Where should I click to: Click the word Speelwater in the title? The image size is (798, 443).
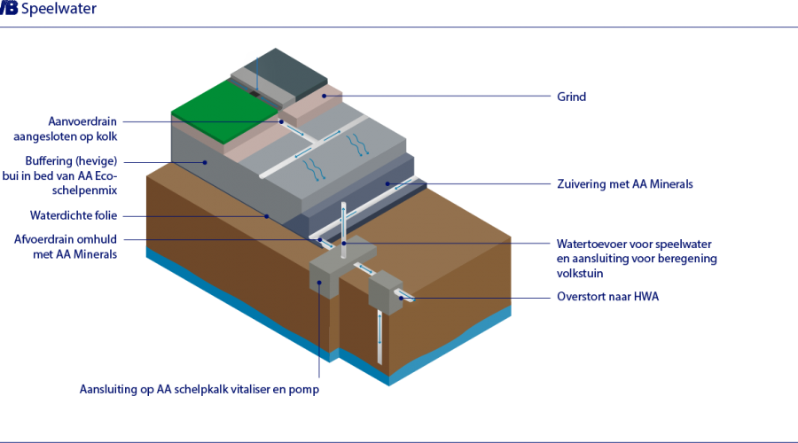[x=59, y=10]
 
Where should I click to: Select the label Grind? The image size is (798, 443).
[x=571, y=95]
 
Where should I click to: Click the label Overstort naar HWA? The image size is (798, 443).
[x=607, y=297]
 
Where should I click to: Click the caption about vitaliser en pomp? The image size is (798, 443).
[x=198, y=389]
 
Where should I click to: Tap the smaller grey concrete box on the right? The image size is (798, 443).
[x=384, y=291]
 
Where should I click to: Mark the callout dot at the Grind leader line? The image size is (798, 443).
[x=325, y=95]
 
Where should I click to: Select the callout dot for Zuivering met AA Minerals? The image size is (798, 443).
[x=387, y=184]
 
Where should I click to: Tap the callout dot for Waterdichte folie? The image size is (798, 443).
[x=265, y=215]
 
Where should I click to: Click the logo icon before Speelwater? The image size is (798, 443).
[x=10, y=10]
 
